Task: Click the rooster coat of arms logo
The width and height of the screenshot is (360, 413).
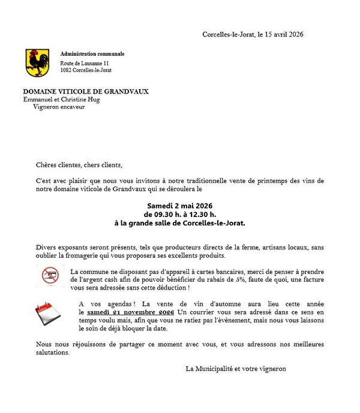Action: click(x=37, y=62)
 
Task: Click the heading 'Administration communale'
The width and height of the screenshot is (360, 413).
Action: click(x=92, y=54)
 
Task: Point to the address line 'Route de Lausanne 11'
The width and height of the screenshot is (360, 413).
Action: click(x=85, y=63)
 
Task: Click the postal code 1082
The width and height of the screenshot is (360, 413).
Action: click(x=66, y=71)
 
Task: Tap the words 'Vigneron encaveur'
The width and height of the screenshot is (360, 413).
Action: click(x=59, y=107)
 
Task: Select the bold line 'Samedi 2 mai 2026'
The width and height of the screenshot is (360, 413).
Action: click(x=180, y=206)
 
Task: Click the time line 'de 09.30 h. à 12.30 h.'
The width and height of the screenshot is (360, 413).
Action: click(x=180, y=215)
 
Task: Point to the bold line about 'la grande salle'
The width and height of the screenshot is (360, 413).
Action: click(x=180, y=223)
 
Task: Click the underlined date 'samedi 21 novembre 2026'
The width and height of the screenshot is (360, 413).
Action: click(x=130, y=312)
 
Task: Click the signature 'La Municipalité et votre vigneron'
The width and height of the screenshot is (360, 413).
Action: click(x=236, y=369)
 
